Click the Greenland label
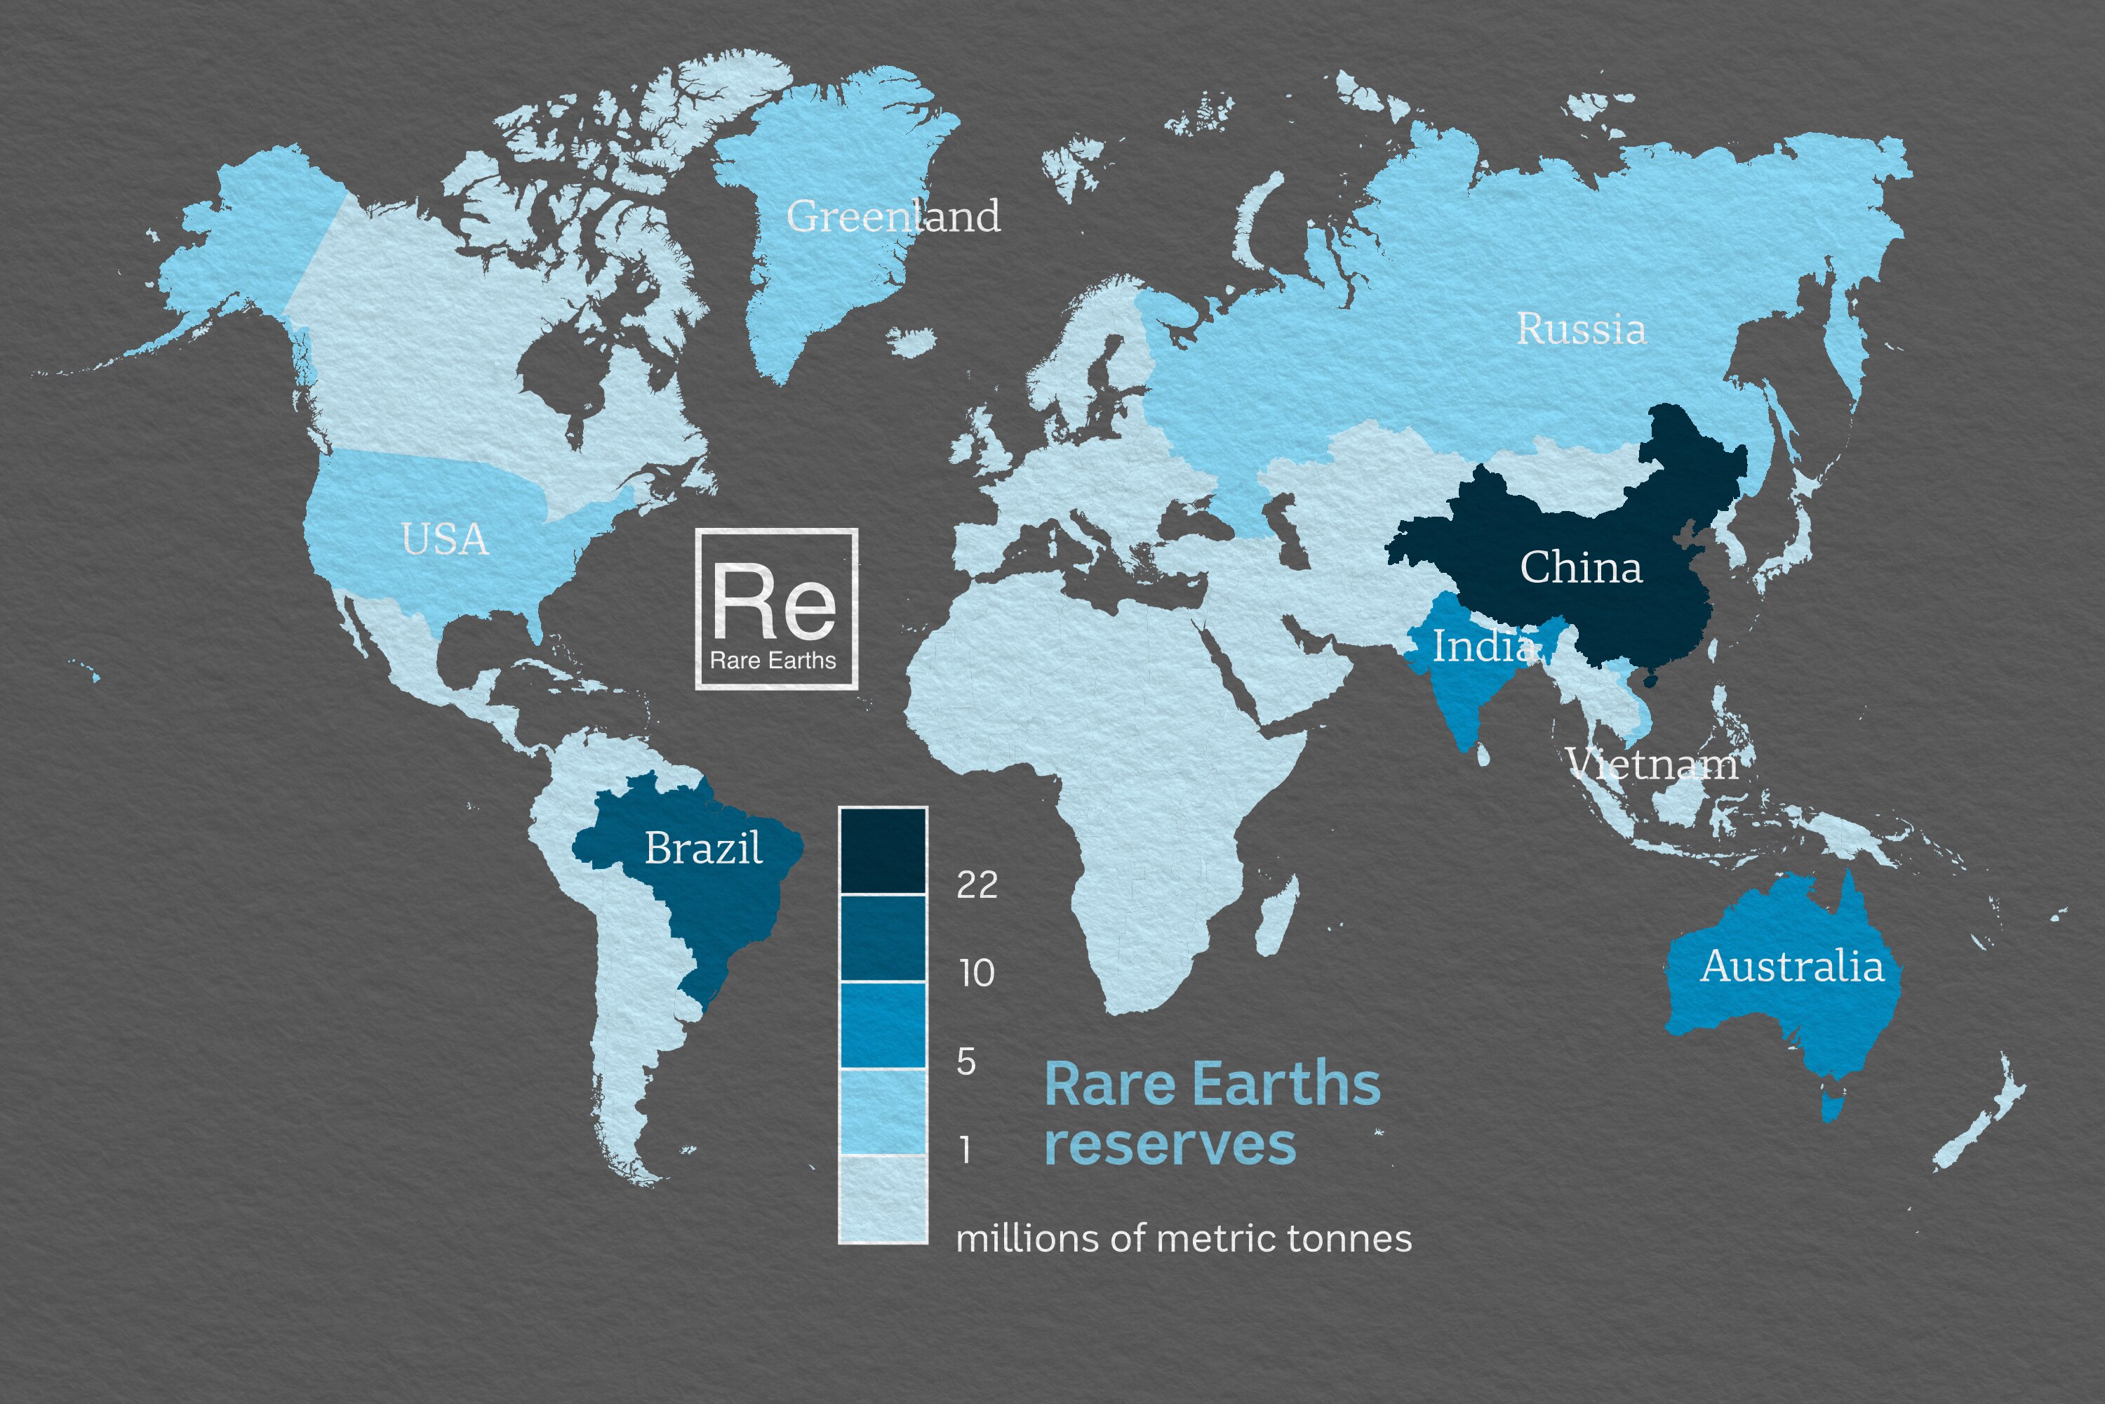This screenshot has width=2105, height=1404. pos(893,216)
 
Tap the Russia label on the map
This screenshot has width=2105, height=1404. pos(1581,329)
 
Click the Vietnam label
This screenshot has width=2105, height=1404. pos(1652,764)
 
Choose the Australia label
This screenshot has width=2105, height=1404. pos(1792,966)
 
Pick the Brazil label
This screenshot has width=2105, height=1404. pos(704,847)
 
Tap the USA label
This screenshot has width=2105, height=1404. pos(445,539)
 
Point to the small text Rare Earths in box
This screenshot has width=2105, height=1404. pos(773,661)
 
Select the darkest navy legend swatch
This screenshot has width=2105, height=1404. pos(883,851)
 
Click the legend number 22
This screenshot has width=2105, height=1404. pos(977,885)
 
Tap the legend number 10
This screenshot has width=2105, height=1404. pos(977,973)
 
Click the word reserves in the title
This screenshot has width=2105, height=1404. pos(1170,1144)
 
